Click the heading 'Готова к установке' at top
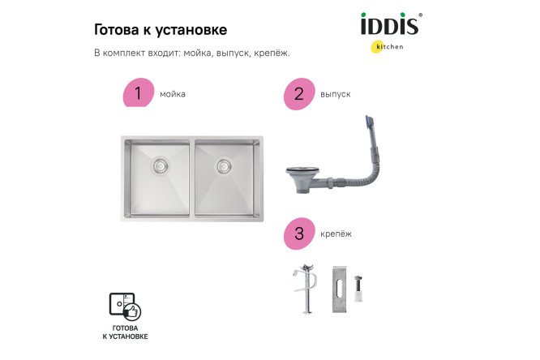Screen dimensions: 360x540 (x=161, y=29)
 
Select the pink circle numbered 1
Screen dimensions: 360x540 (x=138, y=94)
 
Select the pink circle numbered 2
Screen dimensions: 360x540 (x=299, y=95)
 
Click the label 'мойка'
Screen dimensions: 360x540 (x=173, y=94)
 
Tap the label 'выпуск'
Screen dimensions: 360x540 (x=335, y=95)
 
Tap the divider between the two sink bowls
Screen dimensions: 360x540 (x=192, y=178)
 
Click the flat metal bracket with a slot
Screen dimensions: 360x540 (x=339, y=287)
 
